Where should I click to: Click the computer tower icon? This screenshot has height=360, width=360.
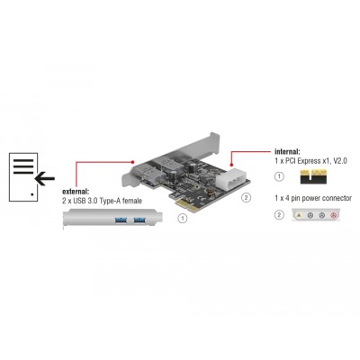(x=25, y=176)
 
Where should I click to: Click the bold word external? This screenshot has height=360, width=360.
(x=78, y=193)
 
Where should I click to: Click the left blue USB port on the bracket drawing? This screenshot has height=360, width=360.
(x=117, y=220)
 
